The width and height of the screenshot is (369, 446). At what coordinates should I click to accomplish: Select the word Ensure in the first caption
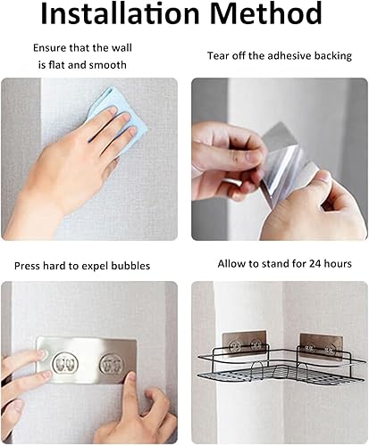51,47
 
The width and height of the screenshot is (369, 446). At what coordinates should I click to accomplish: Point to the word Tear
219,55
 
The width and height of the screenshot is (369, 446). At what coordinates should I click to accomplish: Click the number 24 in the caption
298,265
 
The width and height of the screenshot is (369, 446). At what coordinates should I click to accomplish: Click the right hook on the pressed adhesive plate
111,365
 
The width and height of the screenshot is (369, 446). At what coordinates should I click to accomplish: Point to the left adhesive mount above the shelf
239,346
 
